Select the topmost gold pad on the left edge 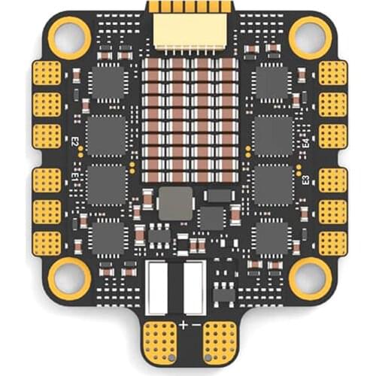point(46,73)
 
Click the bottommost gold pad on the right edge point(332,242)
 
